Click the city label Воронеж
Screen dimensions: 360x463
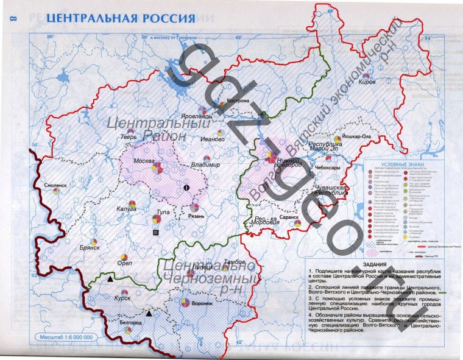point(202,303)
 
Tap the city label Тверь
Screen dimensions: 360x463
point(129,136)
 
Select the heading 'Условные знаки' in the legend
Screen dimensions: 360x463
point(400,164)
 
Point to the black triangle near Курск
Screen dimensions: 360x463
point(110,278)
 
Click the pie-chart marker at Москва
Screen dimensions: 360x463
point(157,167)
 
